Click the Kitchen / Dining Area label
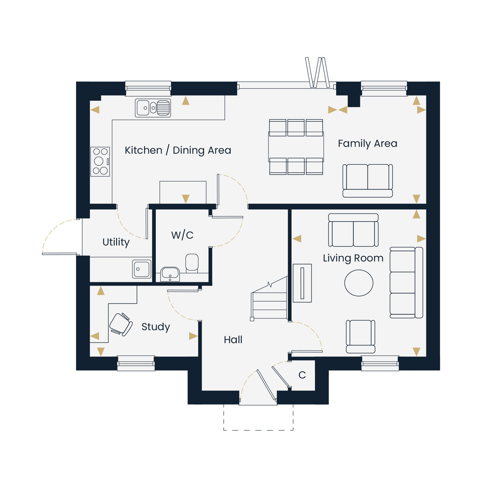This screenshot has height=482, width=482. coord(178,150)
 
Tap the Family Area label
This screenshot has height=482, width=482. coord(367,143)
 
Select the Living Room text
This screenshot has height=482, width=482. coord(353,258)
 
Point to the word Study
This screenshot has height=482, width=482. coord(155,327)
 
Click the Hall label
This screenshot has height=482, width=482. coord(233,340)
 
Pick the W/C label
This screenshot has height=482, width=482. coord(182,235)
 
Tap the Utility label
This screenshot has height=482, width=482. coord(116,242)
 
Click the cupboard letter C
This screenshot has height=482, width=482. coord(302,375)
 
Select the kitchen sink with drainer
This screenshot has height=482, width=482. coord(153,108)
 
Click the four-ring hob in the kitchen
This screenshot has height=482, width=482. coord(100,161)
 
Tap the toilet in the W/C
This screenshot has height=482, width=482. coord(192,263)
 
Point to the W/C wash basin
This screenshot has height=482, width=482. coord(170,274)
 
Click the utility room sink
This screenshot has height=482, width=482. coord(141,269)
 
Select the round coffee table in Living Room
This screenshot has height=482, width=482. coord(359,283)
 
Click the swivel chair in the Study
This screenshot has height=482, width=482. coord(121,324)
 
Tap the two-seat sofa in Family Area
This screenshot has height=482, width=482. coord(368,181)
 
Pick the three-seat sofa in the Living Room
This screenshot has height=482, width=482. coord(406,283)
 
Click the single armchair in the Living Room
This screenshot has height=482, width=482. coord(360,337)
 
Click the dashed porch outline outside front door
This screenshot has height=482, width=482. coord(258,430)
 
